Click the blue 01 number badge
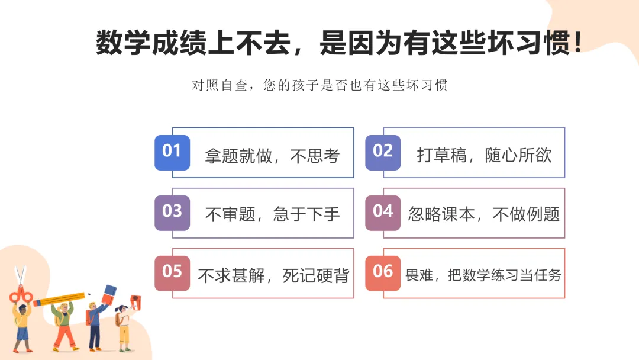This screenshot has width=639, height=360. point(172,152)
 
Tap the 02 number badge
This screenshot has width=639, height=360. point(383,152)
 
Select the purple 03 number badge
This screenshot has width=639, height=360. point(172,212)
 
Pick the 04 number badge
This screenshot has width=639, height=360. point(383,212)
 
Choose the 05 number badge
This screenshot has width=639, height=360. point(172,272)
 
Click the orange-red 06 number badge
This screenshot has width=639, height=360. point(383,272)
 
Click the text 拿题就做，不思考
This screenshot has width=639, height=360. point(272,156)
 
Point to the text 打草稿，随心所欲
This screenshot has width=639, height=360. point(484,156)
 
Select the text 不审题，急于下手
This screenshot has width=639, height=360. point(272,214)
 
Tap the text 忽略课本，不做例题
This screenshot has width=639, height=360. point(483,214)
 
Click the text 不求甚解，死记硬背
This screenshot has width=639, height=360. point(273,275)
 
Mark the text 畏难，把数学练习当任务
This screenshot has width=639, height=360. point(483,275)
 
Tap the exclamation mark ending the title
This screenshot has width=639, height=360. point(578,43)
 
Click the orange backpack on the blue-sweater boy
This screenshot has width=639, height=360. point(88,318)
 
